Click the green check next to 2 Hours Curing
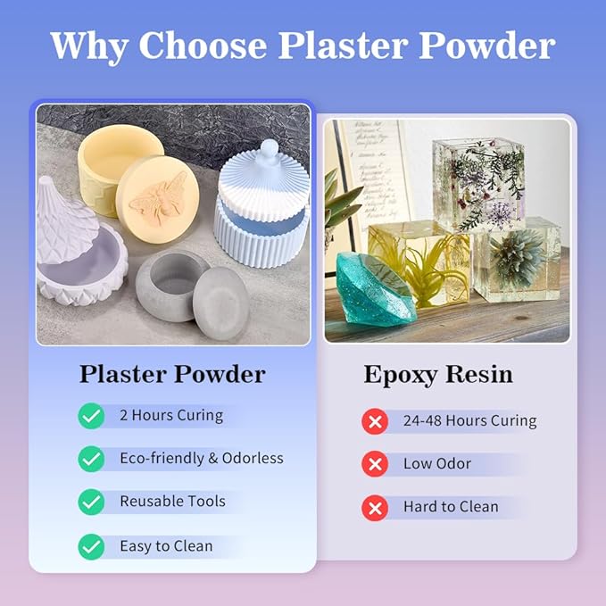91,416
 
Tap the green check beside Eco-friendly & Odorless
91,459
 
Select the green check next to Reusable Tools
91,502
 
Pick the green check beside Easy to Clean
91,546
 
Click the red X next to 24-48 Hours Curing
374,420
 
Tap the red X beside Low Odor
374,464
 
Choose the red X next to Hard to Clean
374,507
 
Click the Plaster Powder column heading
172,374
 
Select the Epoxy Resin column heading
438,374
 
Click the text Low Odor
437,464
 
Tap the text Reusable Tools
172,502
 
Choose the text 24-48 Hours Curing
469,420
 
